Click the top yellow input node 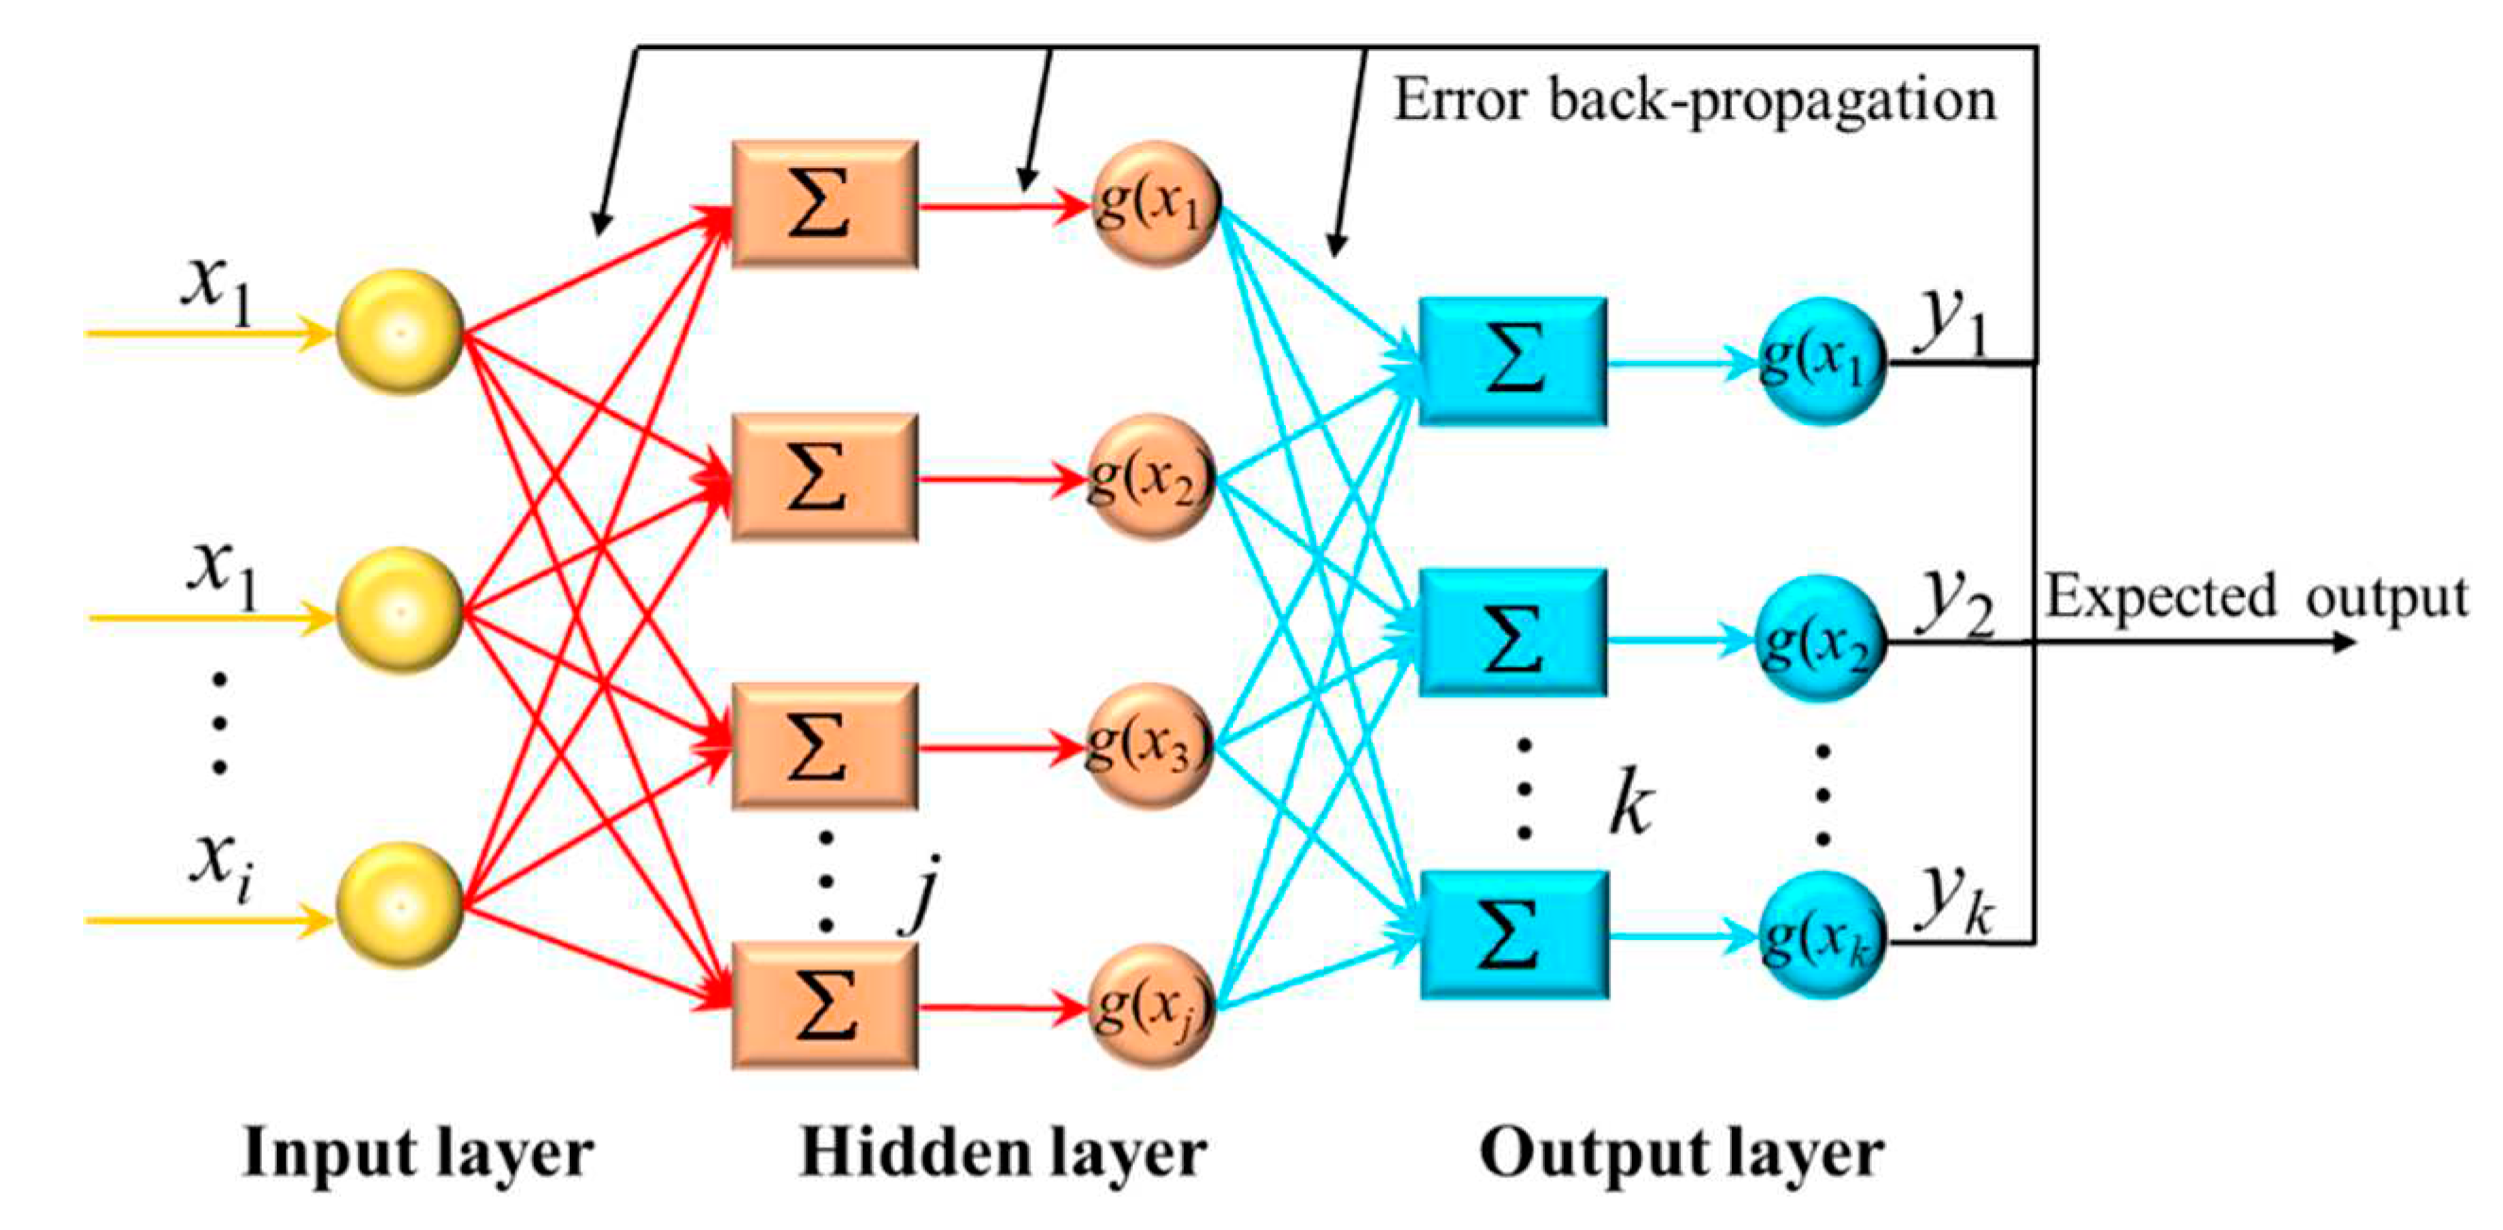click(400, 333)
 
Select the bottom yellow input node click(400, 906)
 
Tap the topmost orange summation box click(824, 204)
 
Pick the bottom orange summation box click(824, 1006)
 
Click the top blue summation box click(1512, 362)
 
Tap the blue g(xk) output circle click(1823, 936)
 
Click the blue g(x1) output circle click(1823, 362)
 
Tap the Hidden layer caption click(1003, 1153)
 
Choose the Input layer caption click(418, 1153)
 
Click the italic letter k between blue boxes click(1631, 802)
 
